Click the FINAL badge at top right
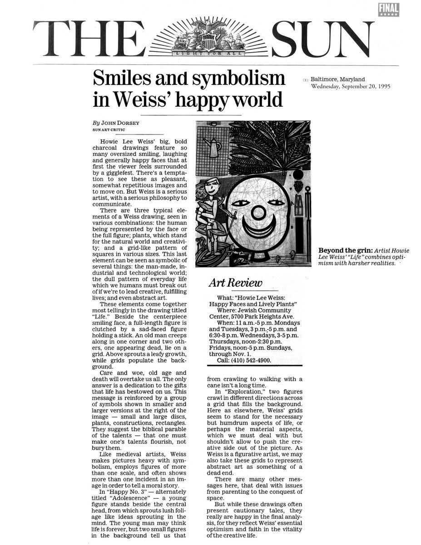pyautogui.click(x=387, y=9)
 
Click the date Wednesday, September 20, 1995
pyautogui.click(x=351, y=86)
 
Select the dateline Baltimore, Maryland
pyautogui.click(x=337, y=79)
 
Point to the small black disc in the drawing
pyautogui.click(x=298, y=175)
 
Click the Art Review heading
pyautogui.click(x=235, y=283)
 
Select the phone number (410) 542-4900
pyautogui.click(x=250, y=360)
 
